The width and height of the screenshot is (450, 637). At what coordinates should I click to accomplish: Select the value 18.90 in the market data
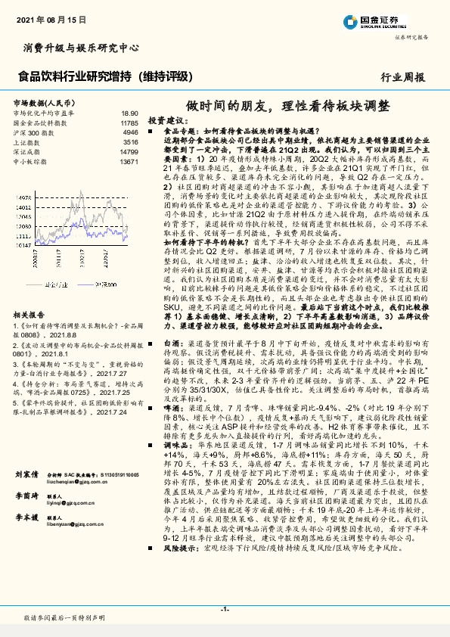pyautogui.click(x=130, y=112)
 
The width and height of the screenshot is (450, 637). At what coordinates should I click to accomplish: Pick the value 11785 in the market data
pyautogui.click(x=129, y=122)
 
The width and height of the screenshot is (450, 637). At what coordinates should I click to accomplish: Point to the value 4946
pyautogui.click(x=131, y=132)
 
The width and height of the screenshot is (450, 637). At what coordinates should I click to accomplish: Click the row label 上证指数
pyautogui.click(x=29, y=141)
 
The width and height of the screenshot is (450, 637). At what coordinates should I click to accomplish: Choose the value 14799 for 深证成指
pyautogui.click(x=129, y=151)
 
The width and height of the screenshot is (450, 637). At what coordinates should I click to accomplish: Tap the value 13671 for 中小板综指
pyautogui.click(x=129, y=161)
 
